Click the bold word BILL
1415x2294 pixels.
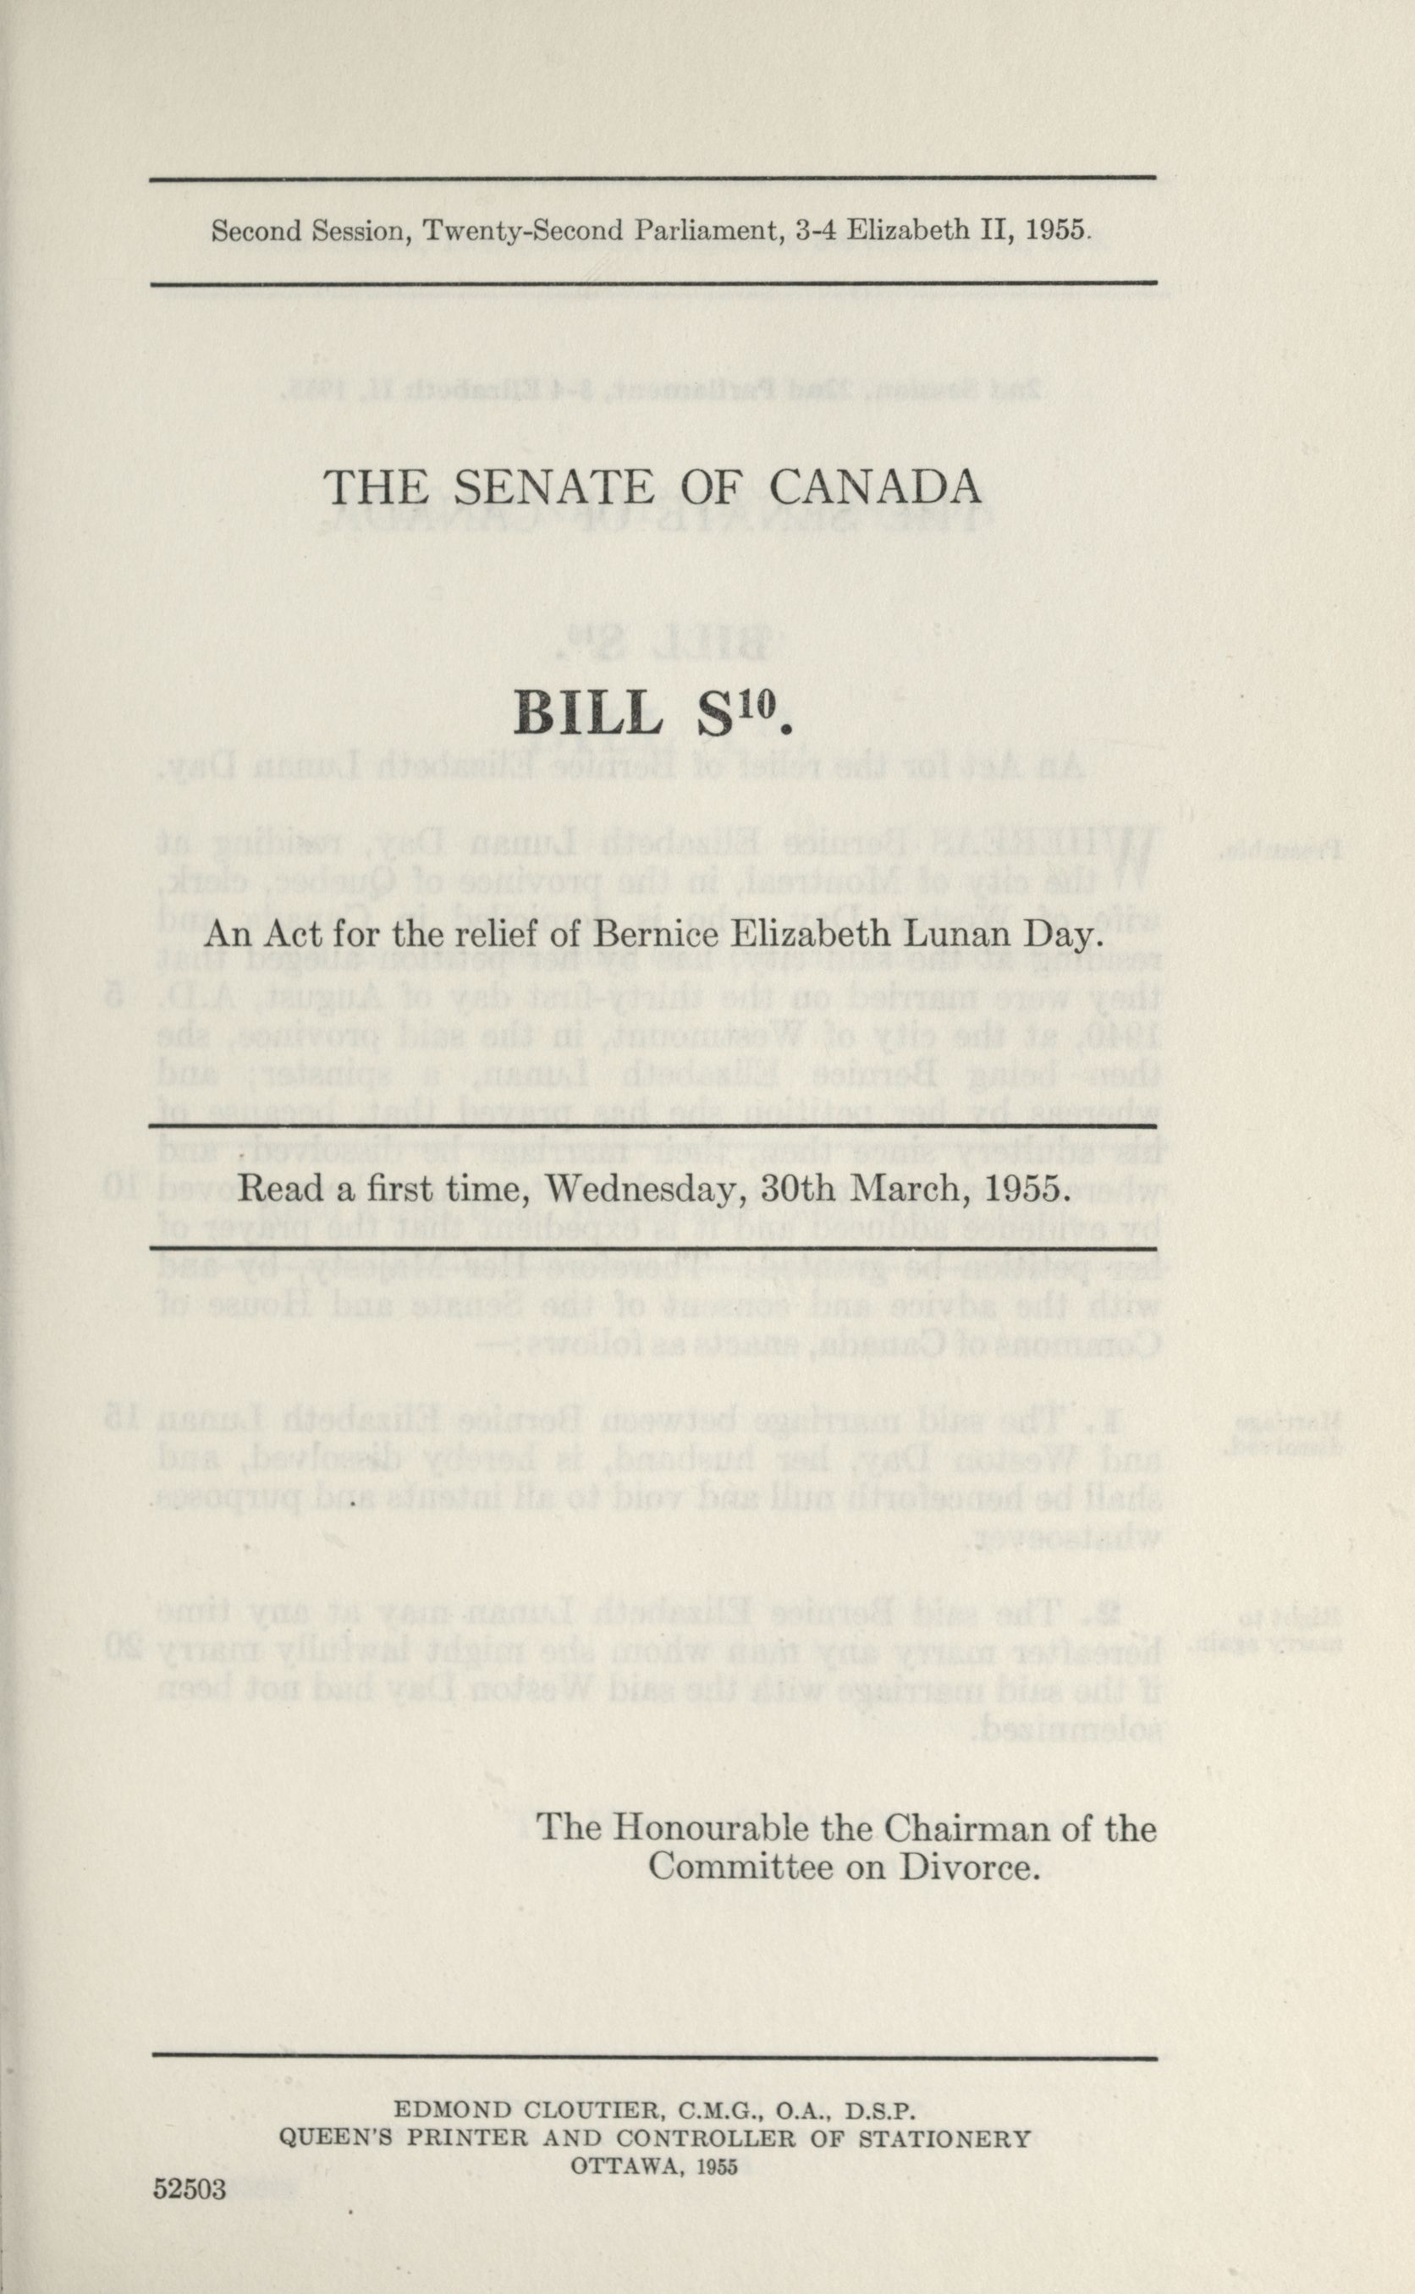pyautogui.click(x=587, y=717)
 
